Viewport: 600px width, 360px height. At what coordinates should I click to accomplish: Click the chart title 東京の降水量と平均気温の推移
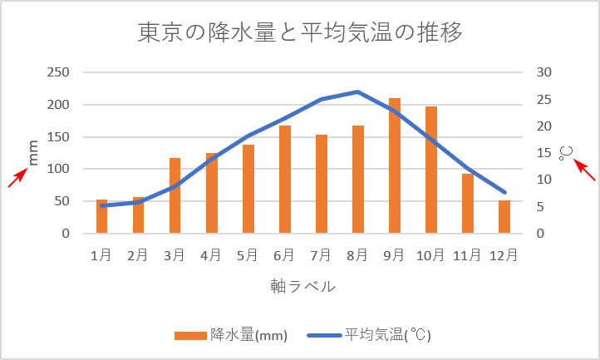click(x=300, y=32)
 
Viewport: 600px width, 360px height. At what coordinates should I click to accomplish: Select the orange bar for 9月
click(x=395, y=166)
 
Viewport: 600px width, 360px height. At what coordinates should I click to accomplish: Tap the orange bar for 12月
click(x=504, y=217)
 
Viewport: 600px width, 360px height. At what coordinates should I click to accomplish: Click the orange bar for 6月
click(x=285, y=180)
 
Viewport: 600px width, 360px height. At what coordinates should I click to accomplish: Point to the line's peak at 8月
click(x=358, y=91)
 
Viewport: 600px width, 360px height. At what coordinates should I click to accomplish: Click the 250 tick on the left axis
click(x=57, y=72)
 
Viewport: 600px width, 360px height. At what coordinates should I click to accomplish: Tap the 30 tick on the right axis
click(x=544, y=72)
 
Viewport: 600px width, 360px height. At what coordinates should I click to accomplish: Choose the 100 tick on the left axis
click(x=57, y=169)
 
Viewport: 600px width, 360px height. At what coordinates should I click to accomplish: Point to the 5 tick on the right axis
click(x=541, y=206)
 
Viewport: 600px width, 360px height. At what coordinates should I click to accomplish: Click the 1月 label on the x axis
click(x=101, y=256)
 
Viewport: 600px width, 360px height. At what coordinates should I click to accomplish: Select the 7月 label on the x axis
click(x=321, y=256)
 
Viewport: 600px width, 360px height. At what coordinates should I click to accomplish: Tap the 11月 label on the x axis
click(x=467, y=256)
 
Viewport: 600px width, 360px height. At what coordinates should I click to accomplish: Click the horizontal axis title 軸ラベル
click(x=302, y=286)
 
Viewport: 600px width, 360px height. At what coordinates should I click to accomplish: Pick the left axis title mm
click(x=34, y=153)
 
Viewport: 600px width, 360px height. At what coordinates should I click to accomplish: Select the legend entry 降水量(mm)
click(x=231, y=335)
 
